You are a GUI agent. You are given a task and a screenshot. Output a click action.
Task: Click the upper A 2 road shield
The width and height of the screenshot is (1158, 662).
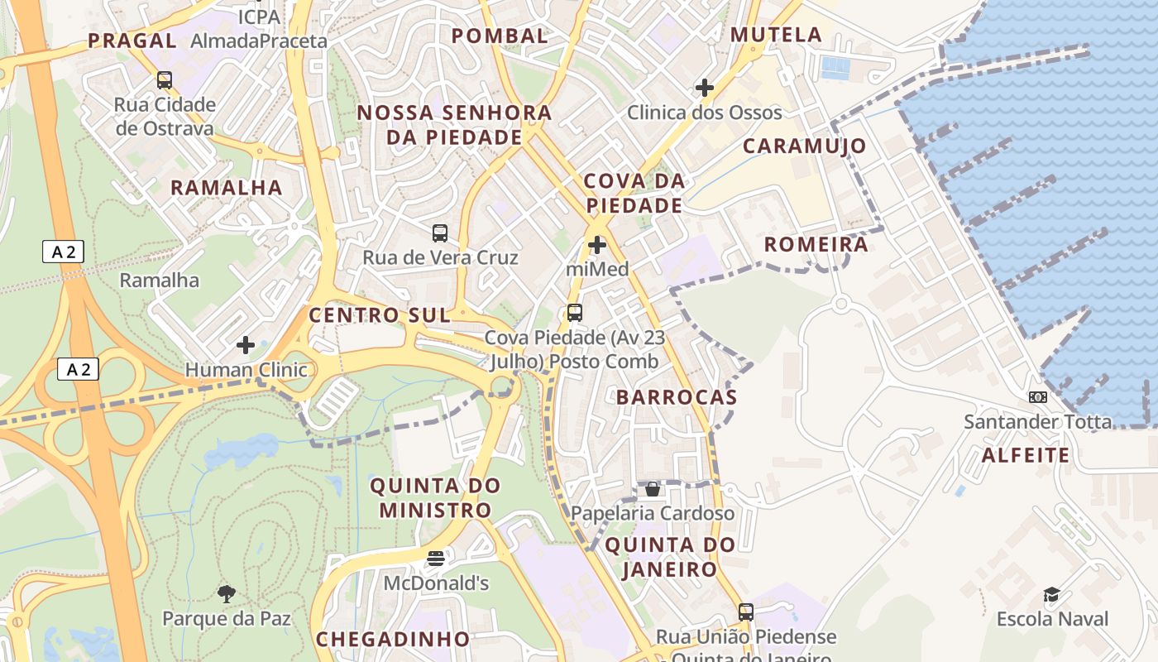[x=63, y=252]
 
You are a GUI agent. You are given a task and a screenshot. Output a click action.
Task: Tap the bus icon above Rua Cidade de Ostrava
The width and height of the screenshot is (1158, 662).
[x=165, y=80]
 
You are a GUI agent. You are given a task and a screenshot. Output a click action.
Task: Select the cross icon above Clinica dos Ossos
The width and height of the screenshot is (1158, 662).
[x=704, y=87]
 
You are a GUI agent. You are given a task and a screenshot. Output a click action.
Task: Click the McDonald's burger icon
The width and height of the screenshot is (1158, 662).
[x=436, y=559]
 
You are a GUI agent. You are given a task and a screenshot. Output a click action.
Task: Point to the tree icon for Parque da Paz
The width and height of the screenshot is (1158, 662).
[x=226, y=593]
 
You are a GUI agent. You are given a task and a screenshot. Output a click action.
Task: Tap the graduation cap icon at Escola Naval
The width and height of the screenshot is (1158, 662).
[x=1051, y=594]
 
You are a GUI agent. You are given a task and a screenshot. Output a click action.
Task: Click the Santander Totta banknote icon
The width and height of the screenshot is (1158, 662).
[x=1037, y=397]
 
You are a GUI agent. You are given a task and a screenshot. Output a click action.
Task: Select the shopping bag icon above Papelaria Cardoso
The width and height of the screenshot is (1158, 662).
[x=653, y=489]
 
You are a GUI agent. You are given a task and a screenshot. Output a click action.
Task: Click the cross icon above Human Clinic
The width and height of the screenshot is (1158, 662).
[x=246, y=344]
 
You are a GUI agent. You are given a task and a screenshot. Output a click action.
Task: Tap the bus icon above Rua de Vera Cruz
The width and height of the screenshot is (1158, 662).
[x=440, y=233]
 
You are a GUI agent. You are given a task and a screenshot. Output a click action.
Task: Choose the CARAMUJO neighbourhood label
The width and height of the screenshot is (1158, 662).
[x=804, y=146]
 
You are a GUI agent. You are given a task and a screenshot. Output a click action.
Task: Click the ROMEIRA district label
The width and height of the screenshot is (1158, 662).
[x=816, y=244]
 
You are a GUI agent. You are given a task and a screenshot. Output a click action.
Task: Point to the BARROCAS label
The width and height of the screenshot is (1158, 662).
[x=676, y=397]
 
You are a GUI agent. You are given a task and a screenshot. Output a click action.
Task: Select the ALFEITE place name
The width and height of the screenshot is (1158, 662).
[x=1025, y=455]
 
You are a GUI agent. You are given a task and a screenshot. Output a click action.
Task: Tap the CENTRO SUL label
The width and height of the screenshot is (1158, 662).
[x=380, y=314]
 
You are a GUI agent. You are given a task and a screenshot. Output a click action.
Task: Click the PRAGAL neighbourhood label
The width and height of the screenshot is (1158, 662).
[x=132, y=40]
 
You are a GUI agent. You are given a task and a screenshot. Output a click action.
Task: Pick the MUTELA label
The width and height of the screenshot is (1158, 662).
[x=777, y=35]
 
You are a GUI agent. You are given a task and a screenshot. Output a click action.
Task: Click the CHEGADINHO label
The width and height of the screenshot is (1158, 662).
[x=393, y=639]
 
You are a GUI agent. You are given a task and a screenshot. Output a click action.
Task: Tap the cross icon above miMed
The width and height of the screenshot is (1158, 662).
[x=596, y=245]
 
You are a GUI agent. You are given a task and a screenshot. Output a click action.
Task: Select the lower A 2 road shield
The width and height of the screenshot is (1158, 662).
[x=78, y=370]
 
